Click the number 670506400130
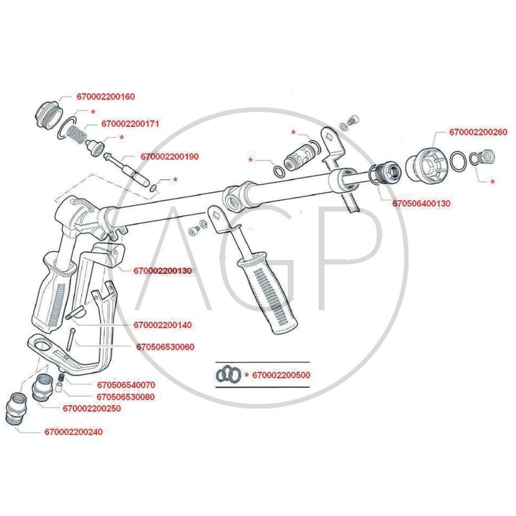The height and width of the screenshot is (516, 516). pos(421,203)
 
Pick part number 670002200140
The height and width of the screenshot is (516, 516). pos(163,324)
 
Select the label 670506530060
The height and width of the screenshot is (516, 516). pos(165,347)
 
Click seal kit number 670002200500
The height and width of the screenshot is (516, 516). pos(281,375)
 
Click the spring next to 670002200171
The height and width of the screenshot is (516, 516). pos(76,135)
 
